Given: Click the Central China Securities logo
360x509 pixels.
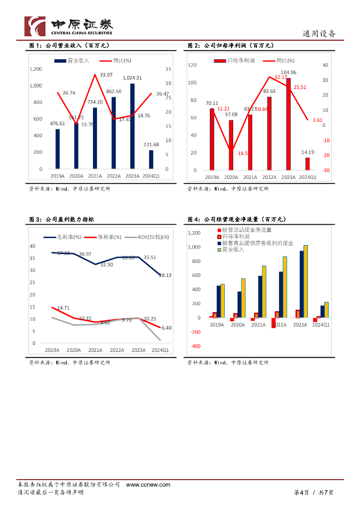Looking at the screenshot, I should point(69,25).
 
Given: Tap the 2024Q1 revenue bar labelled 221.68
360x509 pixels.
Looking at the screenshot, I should point(151,160).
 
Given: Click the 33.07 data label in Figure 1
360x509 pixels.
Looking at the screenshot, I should point(106,75).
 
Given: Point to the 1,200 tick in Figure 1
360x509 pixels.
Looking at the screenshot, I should point(36,69).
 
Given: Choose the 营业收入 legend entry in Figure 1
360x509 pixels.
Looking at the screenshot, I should point(72,60).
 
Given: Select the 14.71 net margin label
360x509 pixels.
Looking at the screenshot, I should point(63,308).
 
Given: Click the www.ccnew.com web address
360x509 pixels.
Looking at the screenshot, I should point(148,485).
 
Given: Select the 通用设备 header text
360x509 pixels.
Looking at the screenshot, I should point(319,34).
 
